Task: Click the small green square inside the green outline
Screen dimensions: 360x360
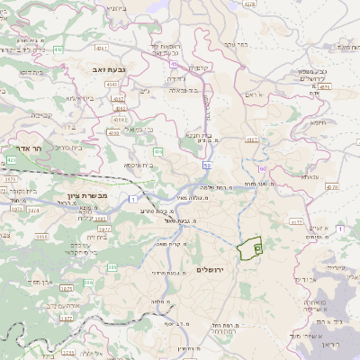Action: click(x=256, y=246)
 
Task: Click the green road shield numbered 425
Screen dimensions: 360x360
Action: click(x=11, y=160)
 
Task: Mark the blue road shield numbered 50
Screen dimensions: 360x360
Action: click(x=207, y=166)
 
